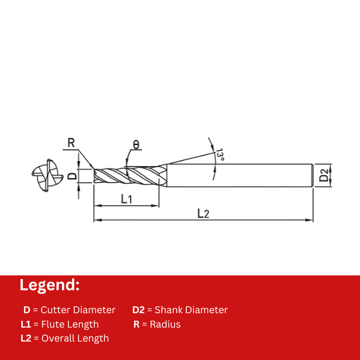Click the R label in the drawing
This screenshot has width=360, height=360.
[x=71, y=143]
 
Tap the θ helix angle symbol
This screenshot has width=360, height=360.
[x=136, y=144]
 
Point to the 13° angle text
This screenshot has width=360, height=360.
[x=220, y=155]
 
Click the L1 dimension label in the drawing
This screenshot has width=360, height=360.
[x=126, y=198]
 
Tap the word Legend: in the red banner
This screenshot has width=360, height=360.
[x=49, y=285]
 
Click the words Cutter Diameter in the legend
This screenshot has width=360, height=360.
[x=78, y=310]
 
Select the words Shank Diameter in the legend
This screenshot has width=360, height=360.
[x=191, y=310]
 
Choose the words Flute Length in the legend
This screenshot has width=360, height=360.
[x=70, y=324]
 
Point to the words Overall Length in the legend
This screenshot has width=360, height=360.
[x=75, y=338]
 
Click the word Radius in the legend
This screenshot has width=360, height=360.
[x=165, y=324]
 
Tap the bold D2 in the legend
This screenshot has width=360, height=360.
[x=138, y=310]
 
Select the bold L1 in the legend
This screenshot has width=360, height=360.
[x=26, y=324]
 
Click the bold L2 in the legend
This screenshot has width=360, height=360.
[x=26, y=338]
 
